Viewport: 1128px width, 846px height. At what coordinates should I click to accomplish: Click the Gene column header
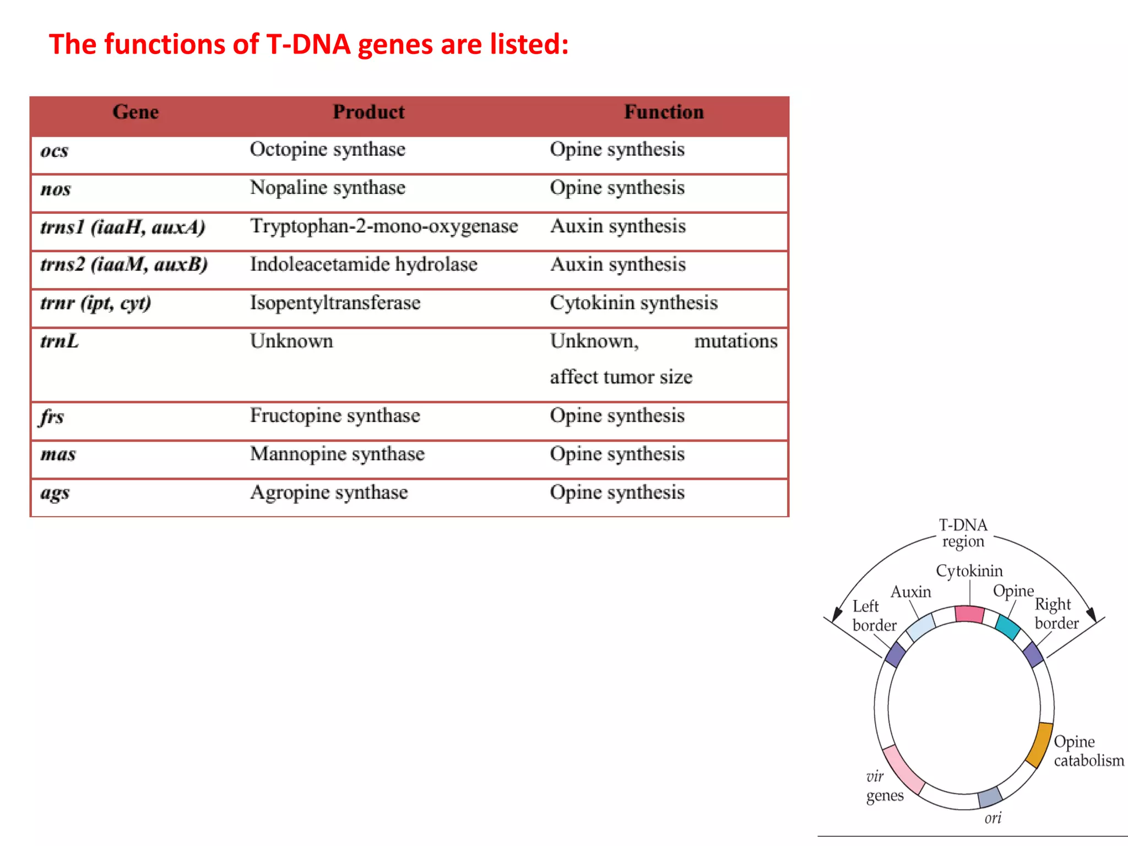pos(135,112)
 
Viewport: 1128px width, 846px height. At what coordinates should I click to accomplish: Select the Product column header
pos(368,112)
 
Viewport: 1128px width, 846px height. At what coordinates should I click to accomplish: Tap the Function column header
pos(664,112)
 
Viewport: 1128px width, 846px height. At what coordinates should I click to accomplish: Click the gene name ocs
pos(55,151)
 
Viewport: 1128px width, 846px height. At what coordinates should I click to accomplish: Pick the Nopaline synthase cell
pos(328,188)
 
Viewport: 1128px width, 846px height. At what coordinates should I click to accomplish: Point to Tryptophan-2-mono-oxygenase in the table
pos(384,226)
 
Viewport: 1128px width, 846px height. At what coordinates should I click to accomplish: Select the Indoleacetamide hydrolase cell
pos(364,264)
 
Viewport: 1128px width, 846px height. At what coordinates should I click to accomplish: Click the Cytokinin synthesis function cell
pos(633,303)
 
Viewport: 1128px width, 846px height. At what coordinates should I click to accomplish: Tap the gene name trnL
pos(59,341)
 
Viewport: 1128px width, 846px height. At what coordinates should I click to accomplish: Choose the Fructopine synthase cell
pos(335,415)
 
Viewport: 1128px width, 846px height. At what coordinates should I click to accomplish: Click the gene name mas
pos(58,454)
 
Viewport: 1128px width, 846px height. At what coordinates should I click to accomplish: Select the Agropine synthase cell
pos(329,492)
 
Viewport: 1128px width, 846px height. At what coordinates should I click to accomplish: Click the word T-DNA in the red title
pos(308,44)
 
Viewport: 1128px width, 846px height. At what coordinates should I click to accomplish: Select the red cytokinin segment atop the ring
pos(969,614)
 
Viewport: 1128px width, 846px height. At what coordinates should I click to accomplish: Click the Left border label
pos(874,616)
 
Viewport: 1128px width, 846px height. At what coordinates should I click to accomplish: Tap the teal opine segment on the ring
pos(1008,627)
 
